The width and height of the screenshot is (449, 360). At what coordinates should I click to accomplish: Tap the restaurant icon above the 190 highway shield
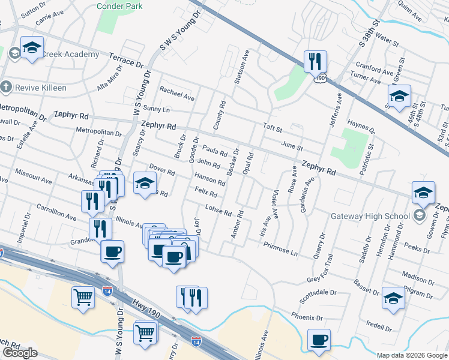(315, 62)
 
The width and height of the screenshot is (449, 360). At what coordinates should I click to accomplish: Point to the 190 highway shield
(322, 78)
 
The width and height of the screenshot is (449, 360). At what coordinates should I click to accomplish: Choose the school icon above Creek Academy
(31, 49)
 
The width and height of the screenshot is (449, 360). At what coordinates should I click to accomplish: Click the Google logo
(20, 353)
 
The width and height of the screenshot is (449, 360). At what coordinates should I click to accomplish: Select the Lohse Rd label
(218, 210)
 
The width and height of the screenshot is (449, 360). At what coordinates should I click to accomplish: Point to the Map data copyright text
(412, 355)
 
